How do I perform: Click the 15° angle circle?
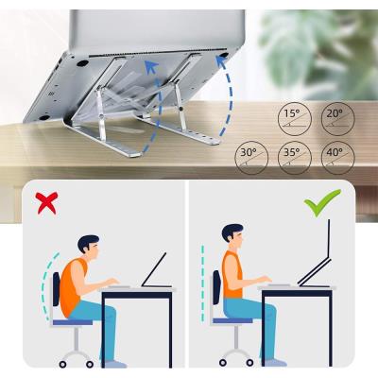pos(295,119)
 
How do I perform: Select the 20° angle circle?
pos(338,119)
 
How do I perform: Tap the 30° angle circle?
pos(251,158)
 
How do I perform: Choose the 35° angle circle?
pos(295,158)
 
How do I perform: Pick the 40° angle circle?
pos(338,158)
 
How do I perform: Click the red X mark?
pos(46,203)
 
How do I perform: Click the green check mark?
pos(322,202)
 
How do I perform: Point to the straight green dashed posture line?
pos(202,283)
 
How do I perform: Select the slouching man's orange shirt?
pos(72,285)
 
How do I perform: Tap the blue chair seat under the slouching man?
pos(73,322)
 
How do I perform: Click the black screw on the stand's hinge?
pos(180,109)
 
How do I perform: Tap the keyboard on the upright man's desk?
pos(279,285)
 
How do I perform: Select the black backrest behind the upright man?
pos(215,287)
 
